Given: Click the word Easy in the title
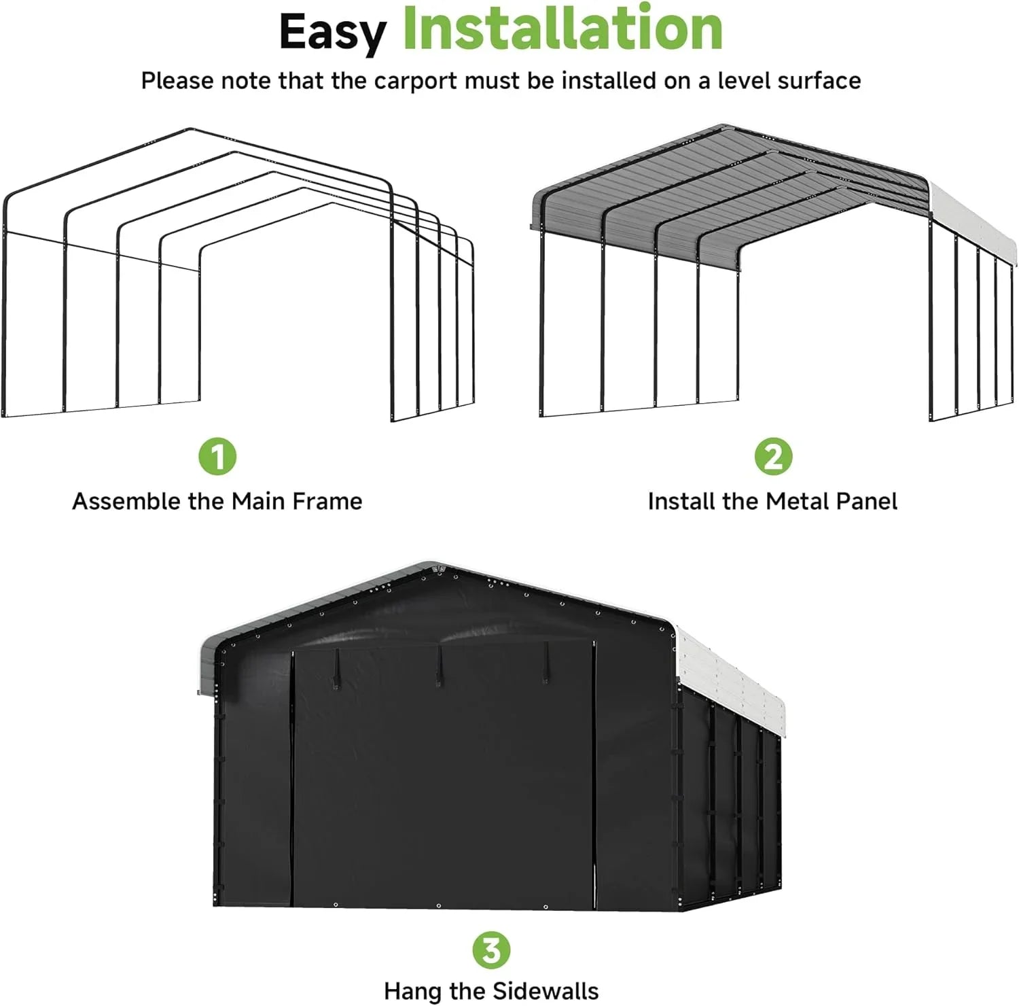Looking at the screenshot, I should tap(332, 31).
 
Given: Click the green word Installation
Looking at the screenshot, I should tap(562, 29).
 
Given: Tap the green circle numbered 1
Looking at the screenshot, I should tap(217, 456).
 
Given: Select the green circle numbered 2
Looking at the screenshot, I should tap(773, 456).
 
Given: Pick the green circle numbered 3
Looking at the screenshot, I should tap(491, 950).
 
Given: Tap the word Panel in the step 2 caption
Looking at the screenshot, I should tap(866, 502).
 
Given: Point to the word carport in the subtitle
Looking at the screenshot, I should tap(415, 81).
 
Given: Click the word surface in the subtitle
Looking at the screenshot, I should tap(819, 81).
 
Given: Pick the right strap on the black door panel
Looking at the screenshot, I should tap(545, 661).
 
